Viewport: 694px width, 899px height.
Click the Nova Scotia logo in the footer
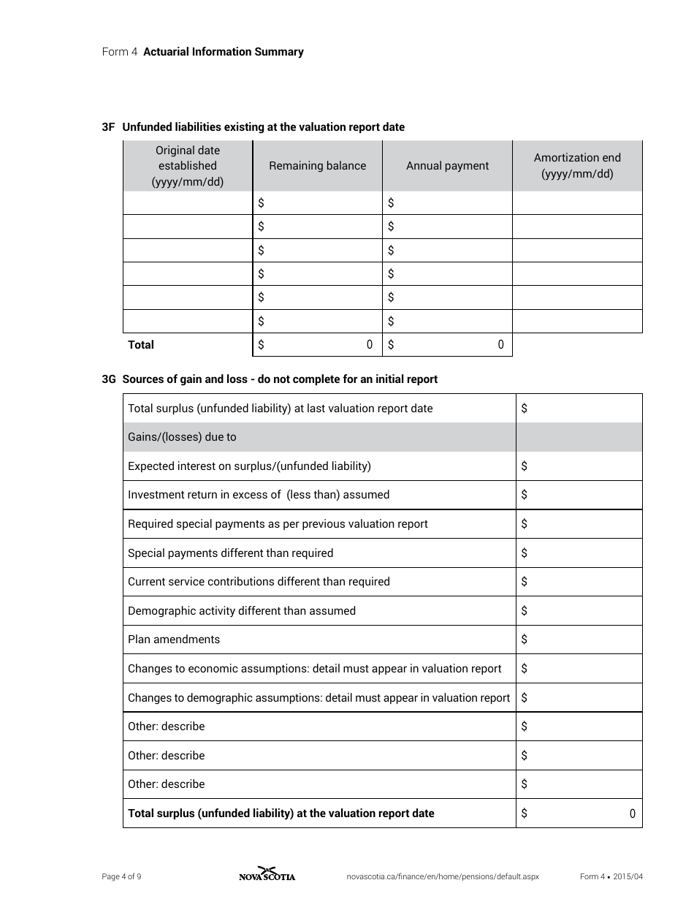(x=267, y=875)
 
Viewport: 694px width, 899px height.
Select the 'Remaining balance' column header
(x=317, y=166)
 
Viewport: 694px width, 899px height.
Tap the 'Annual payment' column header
(x=447, y=166)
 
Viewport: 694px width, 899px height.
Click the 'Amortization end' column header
(x=577, y=166)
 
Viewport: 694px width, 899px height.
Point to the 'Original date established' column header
(x=188, y=166)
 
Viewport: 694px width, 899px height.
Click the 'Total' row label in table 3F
(x=141, y=345)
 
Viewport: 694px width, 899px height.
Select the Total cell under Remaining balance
(x=317, y=345)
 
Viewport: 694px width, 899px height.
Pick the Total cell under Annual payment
(x=447, y=345)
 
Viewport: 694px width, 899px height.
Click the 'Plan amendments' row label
(x=174, y=640)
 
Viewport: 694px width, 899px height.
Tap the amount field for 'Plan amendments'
(x=579, y=640)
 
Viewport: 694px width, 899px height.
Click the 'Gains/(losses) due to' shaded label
(x=182, y=437)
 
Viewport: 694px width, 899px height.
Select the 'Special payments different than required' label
(x=230, y=553)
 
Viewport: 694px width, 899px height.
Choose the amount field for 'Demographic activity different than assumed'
(x=579, y=611)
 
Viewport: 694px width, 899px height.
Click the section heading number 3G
(x=109, y=379)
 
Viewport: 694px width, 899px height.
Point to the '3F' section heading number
(x=109, y=127)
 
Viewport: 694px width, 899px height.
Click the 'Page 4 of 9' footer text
(x=121, y=877)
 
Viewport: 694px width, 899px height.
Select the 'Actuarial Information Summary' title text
(x=224, y=52)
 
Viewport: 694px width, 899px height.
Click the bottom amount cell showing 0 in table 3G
(x=579, y=813)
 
